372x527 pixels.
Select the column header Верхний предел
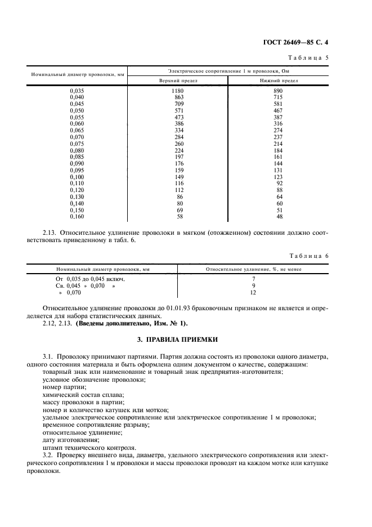tap(178, 81)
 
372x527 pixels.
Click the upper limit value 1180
tap(178, 91)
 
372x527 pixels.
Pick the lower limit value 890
tap(278, 91)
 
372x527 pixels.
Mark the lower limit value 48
tap(279, 216)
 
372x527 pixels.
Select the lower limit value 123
tap(278, 177)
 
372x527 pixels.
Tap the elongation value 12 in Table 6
tap(253, 293)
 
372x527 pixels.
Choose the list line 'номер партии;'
tap(64, 388)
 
